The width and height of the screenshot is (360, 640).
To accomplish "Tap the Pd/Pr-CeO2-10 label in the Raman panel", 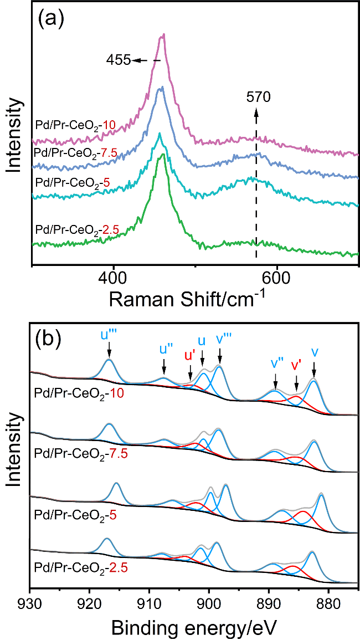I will [75, 125].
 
